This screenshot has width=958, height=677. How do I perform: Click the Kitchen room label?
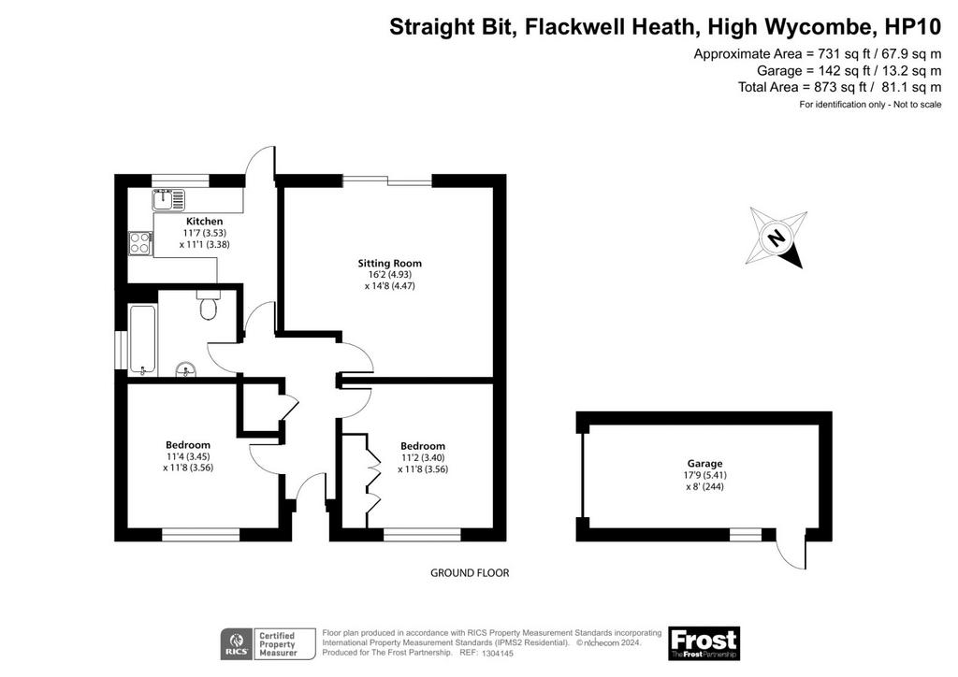[204, 221]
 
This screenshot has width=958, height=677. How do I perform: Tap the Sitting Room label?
[390, 263]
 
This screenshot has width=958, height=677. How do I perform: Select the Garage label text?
[704, 464]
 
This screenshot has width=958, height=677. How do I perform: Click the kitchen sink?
[168, 199]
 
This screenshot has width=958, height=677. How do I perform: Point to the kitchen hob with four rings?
[140, 243]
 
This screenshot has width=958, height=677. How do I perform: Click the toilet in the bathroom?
[209, 305]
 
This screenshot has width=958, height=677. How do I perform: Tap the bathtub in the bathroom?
[143, 339]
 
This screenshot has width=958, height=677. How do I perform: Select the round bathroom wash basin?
[186, 370]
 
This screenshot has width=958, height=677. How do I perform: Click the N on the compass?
[776, 236]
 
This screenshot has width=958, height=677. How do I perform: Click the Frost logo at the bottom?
[704, 643]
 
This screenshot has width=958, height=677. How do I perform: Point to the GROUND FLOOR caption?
[470, 572]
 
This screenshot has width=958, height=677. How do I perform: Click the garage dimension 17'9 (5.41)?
[704, 475]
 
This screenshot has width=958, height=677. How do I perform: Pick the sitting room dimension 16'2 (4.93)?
[390, 275]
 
